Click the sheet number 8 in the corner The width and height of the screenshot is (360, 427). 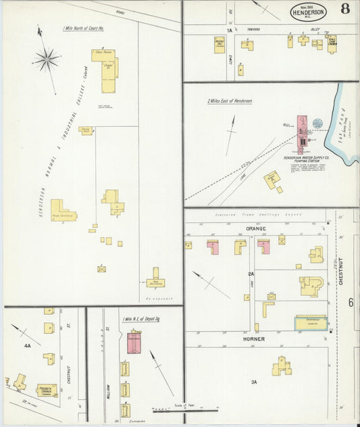345,9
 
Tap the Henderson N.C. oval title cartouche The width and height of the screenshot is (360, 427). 309,11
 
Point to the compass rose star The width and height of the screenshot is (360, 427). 47,60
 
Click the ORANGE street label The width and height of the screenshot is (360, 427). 256,229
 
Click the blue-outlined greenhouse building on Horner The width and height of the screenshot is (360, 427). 310,323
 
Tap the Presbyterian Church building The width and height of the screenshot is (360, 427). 47,390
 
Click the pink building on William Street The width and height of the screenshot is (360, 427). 134,342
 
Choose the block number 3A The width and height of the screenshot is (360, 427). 254,382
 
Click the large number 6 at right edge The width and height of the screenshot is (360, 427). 351,302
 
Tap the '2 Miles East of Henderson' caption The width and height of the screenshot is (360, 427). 230,101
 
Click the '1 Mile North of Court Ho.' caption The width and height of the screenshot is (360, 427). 82,28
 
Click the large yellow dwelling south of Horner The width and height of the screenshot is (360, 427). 282,366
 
